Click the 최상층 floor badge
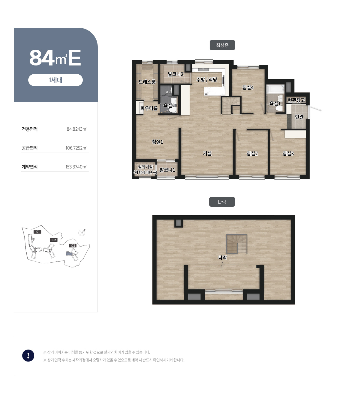point(222,45)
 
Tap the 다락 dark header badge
point(222,202)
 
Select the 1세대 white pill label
point(55,80)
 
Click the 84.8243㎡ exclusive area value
point(76,129)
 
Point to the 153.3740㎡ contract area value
point(76,167)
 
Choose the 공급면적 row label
point(30,148)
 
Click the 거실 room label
point(207,153)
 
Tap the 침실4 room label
point(248,87)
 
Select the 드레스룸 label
point(147,82)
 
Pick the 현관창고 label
point(296,100)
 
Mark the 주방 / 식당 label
point(207,80)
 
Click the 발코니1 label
point(167,170)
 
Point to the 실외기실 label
point(145,167)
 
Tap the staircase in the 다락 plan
point(237,244)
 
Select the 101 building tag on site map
point(37,232)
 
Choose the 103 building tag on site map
point(73,246)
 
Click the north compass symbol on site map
point(82,232)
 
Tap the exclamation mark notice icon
point(28,355)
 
